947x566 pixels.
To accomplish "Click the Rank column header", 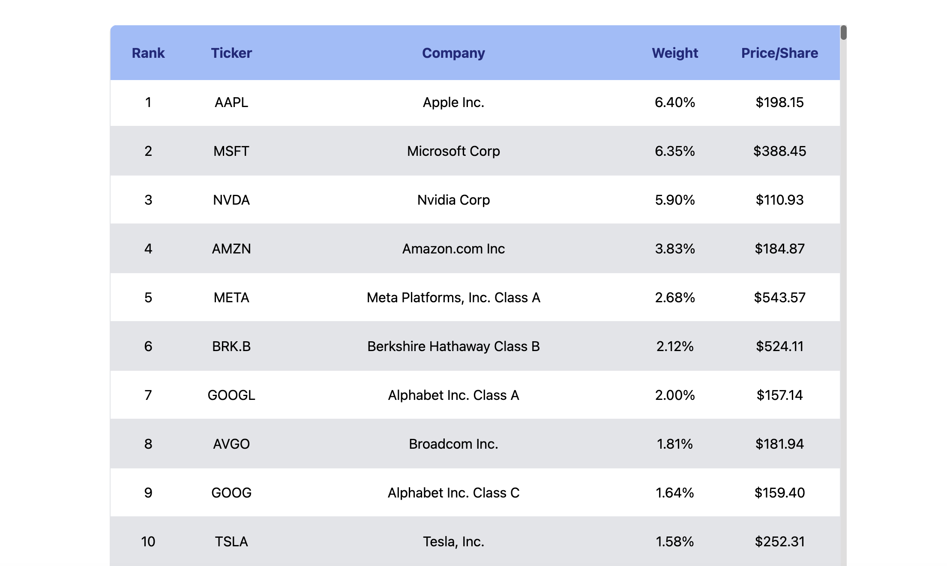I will click(148, 53).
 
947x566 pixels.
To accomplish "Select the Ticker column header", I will click(231, 53).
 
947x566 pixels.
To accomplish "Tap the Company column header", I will click(453, 53).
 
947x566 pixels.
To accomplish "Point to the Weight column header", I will click(675, 53).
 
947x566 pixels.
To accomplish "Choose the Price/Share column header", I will click(779, 53).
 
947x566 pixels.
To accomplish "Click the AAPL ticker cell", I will click(231, 102).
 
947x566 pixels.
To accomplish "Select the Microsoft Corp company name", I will click(453, 151).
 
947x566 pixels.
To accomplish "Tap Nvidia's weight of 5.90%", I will click(675, 200).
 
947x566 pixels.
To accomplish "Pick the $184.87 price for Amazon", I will click(779, 249).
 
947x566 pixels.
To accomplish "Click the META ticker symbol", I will click(231, 298).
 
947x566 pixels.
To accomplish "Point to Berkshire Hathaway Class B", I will click(453, 346).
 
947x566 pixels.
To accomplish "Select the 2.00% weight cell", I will click(675, 395).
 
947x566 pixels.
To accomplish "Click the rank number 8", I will click(148, 444).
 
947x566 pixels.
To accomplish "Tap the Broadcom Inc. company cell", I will click(453, 444).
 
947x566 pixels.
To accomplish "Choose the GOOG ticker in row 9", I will click(231, 493).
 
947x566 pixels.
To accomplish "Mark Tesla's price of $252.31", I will click(779, 542).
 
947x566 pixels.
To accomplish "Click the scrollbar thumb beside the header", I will click(843, 33).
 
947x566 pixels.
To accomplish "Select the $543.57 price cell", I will click(779, 298).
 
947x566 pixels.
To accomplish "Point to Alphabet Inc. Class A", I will click(453, 395).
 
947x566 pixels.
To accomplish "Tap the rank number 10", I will click(148, 542).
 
